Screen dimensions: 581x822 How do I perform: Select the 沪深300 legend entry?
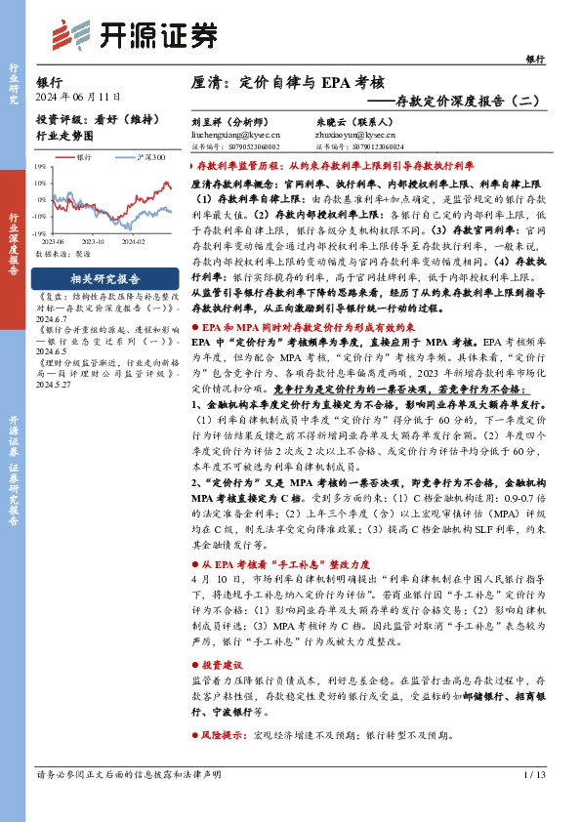pos(148,156)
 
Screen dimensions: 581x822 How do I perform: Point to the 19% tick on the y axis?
pos(39,167)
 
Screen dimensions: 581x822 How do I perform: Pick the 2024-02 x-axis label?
pos(134,240)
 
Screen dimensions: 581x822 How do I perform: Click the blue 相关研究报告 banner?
pos(105,277)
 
